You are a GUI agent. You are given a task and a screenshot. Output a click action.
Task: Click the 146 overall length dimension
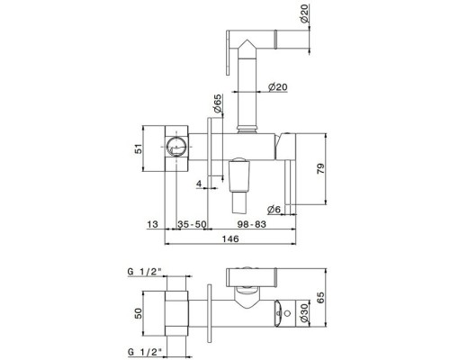point(230,238)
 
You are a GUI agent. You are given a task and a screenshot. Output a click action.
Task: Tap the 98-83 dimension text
point(252,224)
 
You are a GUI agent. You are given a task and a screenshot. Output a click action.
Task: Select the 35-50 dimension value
point(192,224)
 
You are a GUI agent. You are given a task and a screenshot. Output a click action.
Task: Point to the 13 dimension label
point(152,224)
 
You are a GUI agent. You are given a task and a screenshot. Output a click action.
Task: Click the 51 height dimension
point(139,148)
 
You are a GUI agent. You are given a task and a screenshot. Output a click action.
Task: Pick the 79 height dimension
point(320,168)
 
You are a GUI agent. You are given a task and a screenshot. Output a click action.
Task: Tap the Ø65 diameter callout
point(218,103)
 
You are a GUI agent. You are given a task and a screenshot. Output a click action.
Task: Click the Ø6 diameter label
point(274,209)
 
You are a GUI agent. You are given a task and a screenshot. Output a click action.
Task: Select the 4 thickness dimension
point(199,184)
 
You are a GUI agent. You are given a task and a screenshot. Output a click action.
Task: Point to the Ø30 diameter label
point(304,313)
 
